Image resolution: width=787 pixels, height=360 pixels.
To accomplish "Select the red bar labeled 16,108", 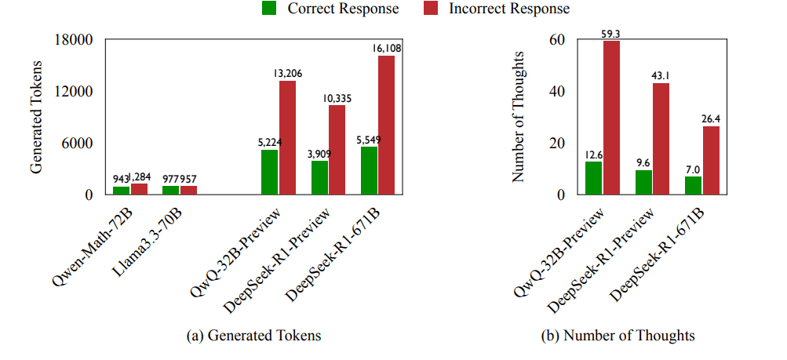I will (386, 125).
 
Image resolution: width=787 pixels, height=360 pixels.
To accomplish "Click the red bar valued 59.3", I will (611, 118).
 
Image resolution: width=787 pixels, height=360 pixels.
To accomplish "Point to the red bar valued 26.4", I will (710, 160).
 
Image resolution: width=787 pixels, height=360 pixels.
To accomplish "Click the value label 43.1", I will (661, 76).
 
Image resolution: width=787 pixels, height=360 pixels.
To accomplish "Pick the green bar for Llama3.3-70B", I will (170, 190).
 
